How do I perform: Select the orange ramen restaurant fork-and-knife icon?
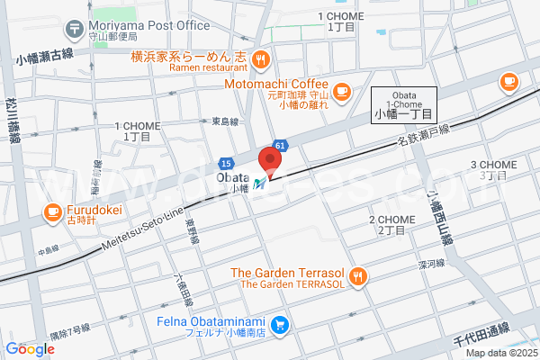point(260,60)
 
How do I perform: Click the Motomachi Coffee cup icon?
point(342,91)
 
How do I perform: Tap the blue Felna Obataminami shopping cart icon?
point(281,324)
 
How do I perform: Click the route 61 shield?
point(281,144)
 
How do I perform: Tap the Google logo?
point(30,348)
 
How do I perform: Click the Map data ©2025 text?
point(499,352)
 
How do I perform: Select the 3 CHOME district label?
point(493,169)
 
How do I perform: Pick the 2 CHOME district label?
point(391,225)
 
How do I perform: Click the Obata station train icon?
point(258,184)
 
